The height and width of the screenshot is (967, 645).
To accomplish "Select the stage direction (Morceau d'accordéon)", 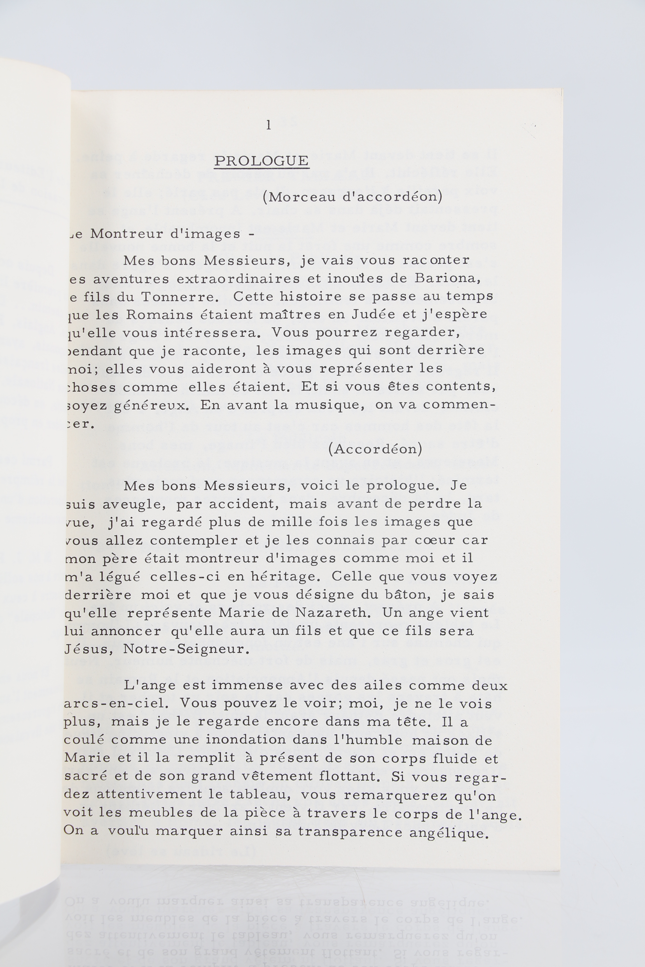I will (352, 197).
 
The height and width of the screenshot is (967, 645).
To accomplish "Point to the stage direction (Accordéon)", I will (375, 449).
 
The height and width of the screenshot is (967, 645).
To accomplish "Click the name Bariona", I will (447, 278).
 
